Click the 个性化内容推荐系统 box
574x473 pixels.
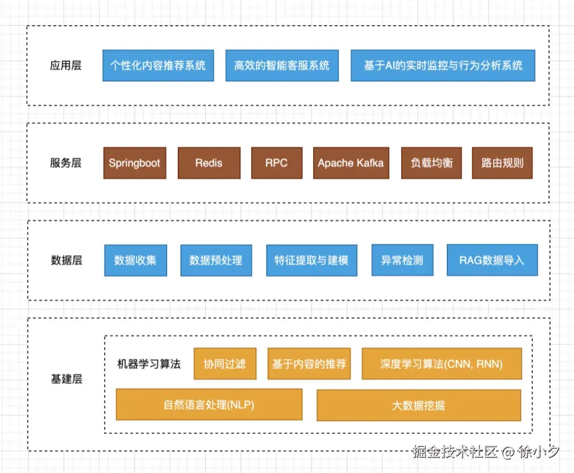click(158, 65)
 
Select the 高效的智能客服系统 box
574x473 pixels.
click(281, 65)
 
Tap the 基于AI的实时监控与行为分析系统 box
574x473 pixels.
click(443, 65)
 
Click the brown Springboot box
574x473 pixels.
click(135, 163)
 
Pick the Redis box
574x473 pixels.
click(209, 163)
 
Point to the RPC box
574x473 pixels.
click(276, 163)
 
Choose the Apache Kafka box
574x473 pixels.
click(351, 163)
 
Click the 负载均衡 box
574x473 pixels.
click(431, 163)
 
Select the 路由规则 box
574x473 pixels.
click(502, 163)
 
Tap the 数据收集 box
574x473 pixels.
click(135, 260)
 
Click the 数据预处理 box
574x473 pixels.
click(216, 260)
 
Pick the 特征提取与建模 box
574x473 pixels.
click(311, 260)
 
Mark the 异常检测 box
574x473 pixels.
click(402, 260)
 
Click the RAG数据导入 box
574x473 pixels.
click(492, 260)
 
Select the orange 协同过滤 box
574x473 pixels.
click(225, 364)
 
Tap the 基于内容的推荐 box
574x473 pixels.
click(309, 364)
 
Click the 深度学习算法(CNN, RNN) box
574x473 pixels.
click(441, 364)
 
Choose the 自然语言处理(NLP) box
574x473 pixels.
click(209, 405)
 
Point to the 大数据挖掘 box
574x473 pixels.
click(418, 405)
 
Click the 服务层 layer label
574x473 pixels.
click(66, 163)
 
